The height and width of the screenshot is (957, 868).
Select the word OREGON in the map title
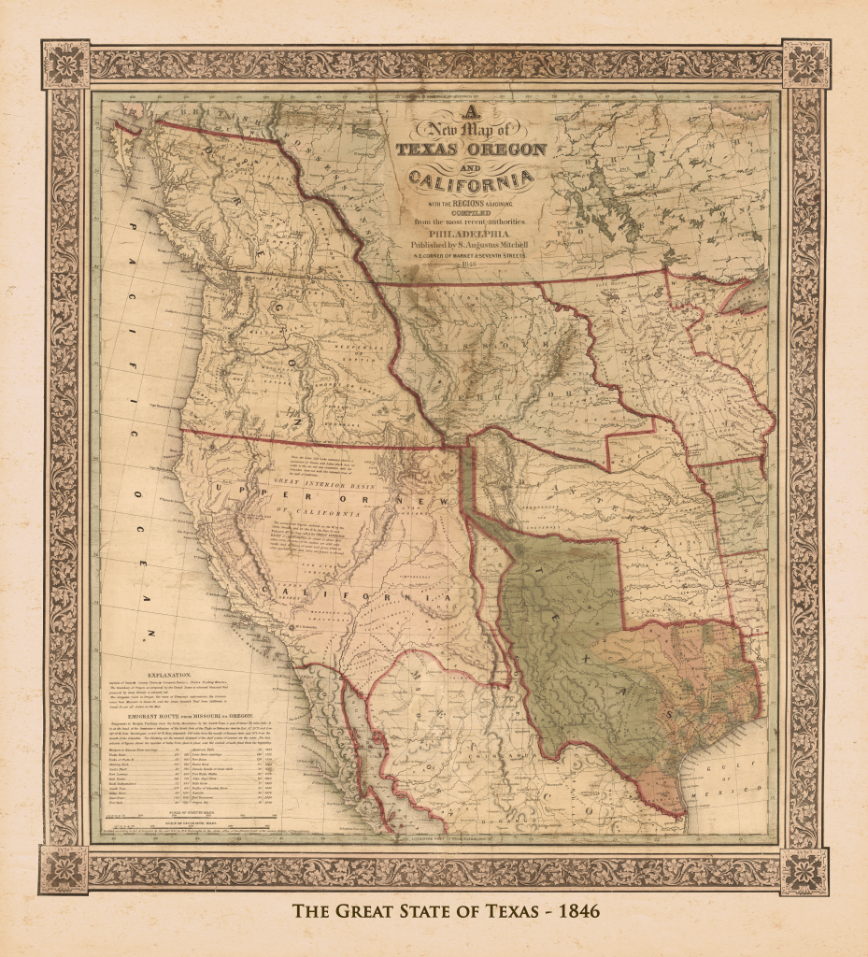point(505,149)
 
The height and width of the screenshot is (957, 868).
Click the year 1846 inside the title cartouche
point(469,264)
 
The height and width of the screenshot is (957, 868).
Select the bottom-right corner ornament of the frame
point(804,869)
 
